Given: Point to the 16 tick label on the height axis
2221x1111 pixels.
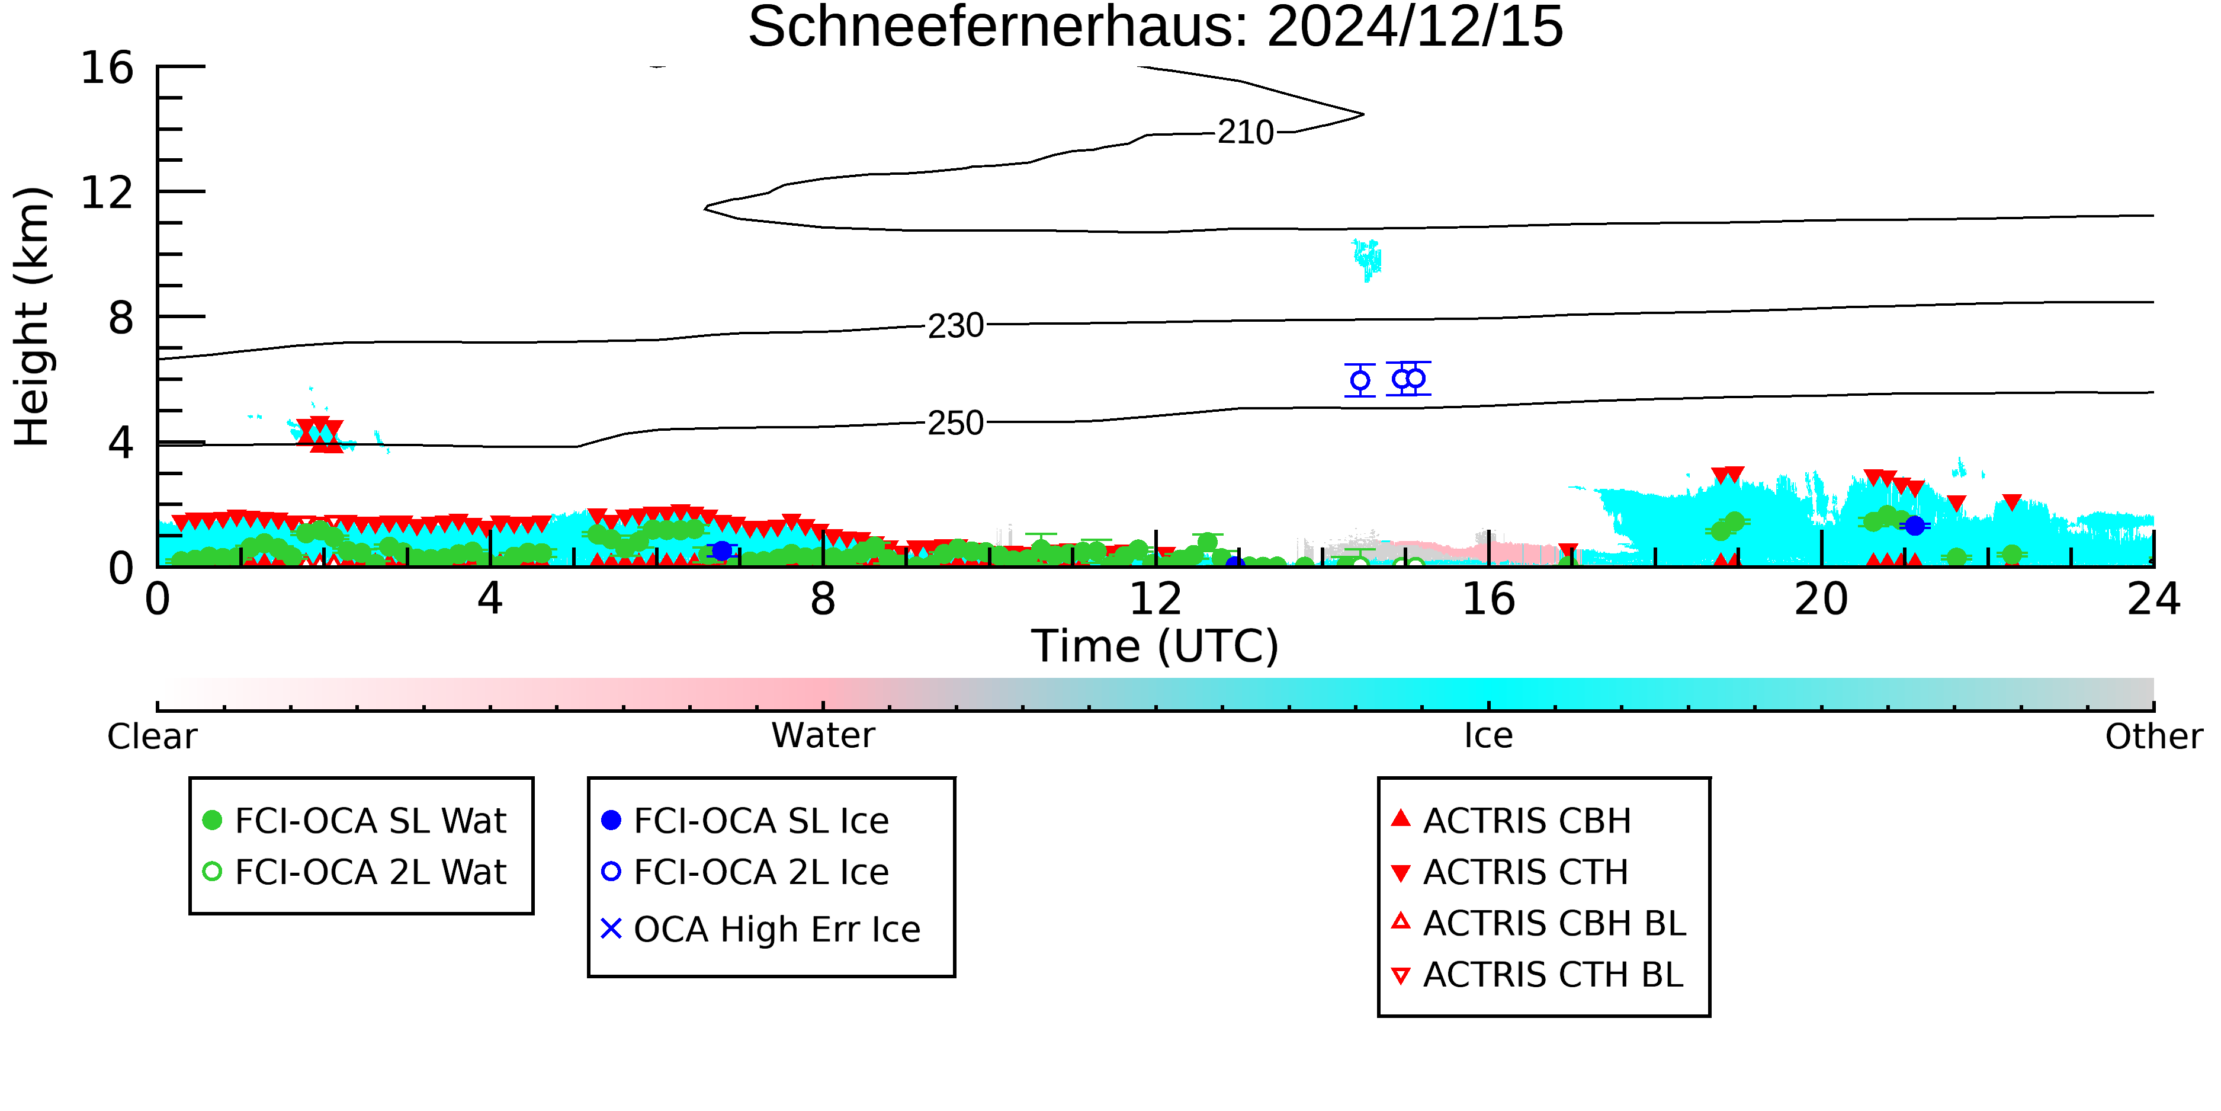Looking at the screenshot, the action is tap(107, 68).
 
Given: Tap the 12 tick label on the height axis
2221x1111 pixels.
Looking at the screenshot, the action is tap(107, 193).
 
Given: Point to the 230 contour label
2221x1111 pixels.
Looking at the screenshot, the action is tap(955, 326).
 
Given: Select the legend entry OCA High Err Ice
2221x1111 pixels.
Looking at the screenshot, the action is tap(761, 929).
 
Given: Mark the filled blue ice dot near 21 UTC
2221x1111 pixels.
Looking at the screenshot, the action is tap(1914, 526).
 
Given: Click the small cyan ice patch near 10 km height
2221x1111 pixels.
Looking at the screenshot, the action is tap(1366, 259).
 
